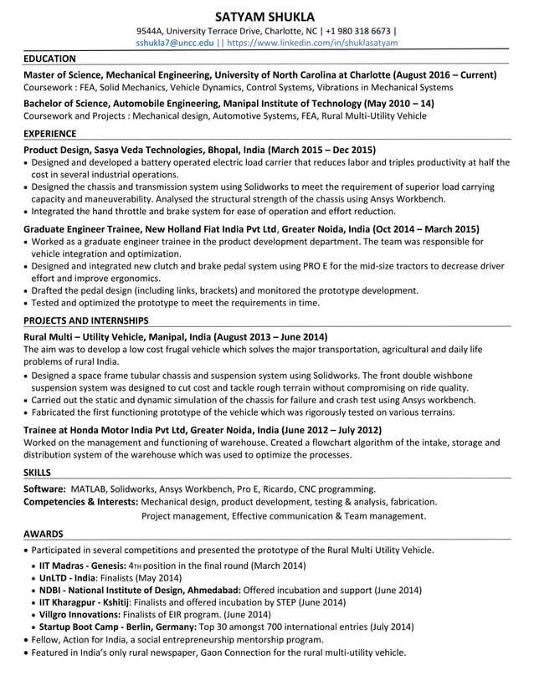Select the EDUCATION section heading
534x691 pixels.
[49, 59]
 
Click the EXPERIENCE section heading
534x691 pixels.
[50, 133]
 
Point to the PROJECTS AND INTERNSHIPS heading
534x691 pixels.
[86, 320]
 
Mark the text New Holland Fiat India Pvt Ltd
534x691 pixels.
[210, 228]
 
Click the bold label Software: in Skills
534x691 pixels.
[45, 489]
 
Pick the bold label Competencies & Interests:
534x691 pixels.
[81, 502]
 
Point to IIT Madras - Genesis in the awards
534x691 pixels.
[84, 566]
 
